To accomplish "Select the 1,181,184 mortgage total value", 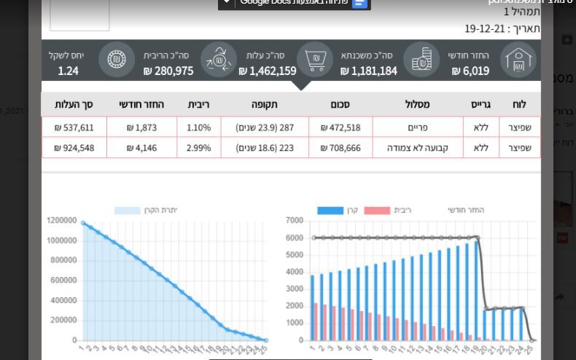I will pos(368,71).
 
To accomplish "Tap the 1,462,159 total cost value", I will pos(268,71).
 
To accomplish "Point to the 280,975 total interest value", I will pos(168,71).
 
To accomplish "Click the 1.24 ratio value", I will pos(68,71).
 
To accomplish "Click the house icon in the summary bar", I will pos(518,60).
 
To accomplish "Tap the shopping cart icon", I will pos(316,60).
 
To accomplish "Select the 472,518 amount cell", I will pos(340,128).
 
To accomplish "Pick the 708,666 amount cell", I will pos(340,148).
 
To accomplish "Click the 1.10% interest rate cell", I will pos(198,128).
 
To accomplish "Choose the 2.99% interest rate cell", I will pos(198,148).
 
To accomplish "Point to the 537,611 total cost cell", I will pos(74,128).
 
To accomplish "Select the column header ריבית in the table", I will pos(198,104).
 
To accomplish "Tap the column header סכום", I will pos(340,104).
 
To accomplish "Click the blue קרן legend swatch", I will pos(330,211).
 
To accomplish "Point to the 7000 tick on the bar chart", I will pos(295,220).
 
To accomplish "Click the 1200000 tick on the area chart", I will pos(62,220).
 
